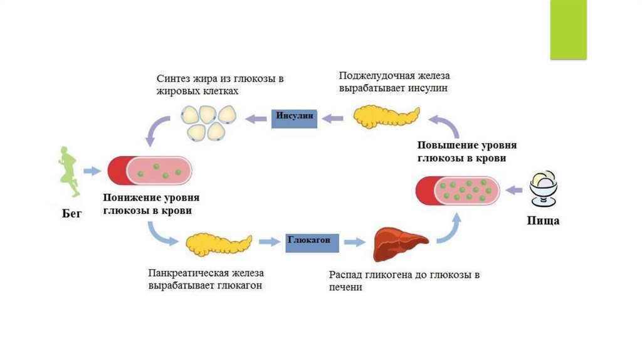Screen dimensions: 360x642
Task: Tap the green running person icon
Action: tap(70, 172)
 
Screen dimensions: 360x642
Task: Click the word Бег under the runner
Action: tap(72, 213)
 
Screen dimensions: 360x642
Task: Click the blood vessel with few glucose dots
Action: tap(149, 171)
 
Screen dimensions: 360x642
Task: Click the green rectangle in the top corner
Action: tap(568, 29)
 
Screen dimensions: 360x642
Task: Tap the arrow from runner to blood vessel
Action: tap(93, 171)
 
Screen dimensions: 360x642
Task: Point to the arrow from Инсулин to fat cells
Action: tap(256, 117)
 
